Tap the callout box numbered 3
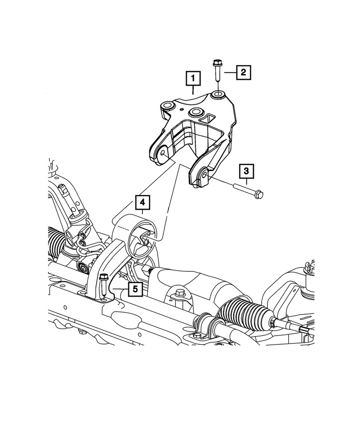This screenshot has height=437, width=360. pos(246,170)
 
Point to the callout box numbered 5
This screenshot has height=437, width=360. pos(135,289)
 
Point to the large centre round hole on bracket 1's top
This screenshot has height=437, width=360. pos(196,112)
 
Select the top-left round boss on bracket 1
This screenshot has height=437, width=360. pos(167,106)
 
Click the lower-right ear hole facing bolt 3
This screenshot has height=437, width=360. pos(204,177)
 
